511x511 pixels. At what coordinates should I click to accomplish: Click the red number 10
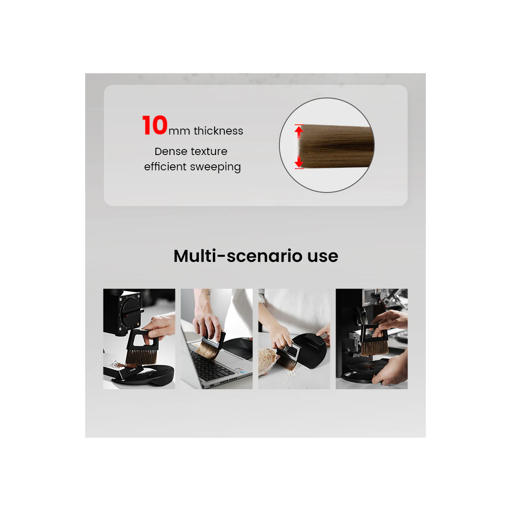155,126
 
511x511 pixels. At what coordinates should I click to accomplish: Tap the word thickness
218,131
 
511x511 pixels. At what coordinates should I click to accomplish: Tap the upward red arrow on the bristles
299,131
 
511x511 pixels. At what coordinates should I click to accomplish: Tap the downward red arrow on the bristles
299,162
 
